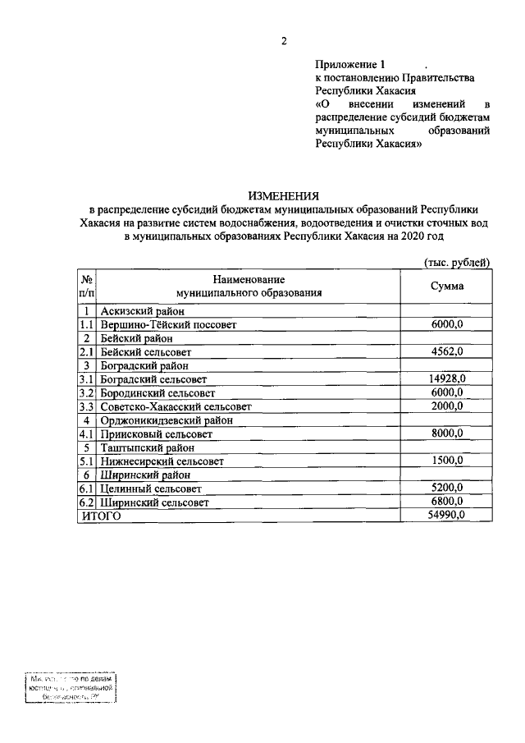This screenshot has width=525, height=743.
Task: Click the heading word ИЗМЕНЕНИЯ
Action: coord(283,195)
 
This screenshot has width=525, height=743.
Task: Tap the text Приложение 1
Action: coord(350,64)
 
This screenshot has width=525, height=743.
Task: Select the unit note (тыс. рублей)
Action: coord(456,262)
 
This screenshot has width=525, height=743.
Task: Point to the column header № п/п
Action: coord(87,286)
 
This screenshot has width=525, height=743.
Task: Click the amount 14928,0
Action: coord(447,378)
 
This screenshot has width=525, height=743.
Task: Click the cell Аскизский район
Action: coord(142,311)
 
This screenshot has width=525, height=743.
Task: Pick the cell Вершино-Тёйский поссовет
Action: coord(168,325)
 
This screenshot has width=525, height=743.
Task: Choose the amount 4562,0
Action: coord(448,352)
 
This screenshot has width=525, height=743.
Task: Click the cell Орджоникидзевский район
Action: coord(167,420)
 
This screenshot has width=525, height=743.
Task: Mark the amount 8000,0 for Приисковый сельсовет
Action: coord(448,433)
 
